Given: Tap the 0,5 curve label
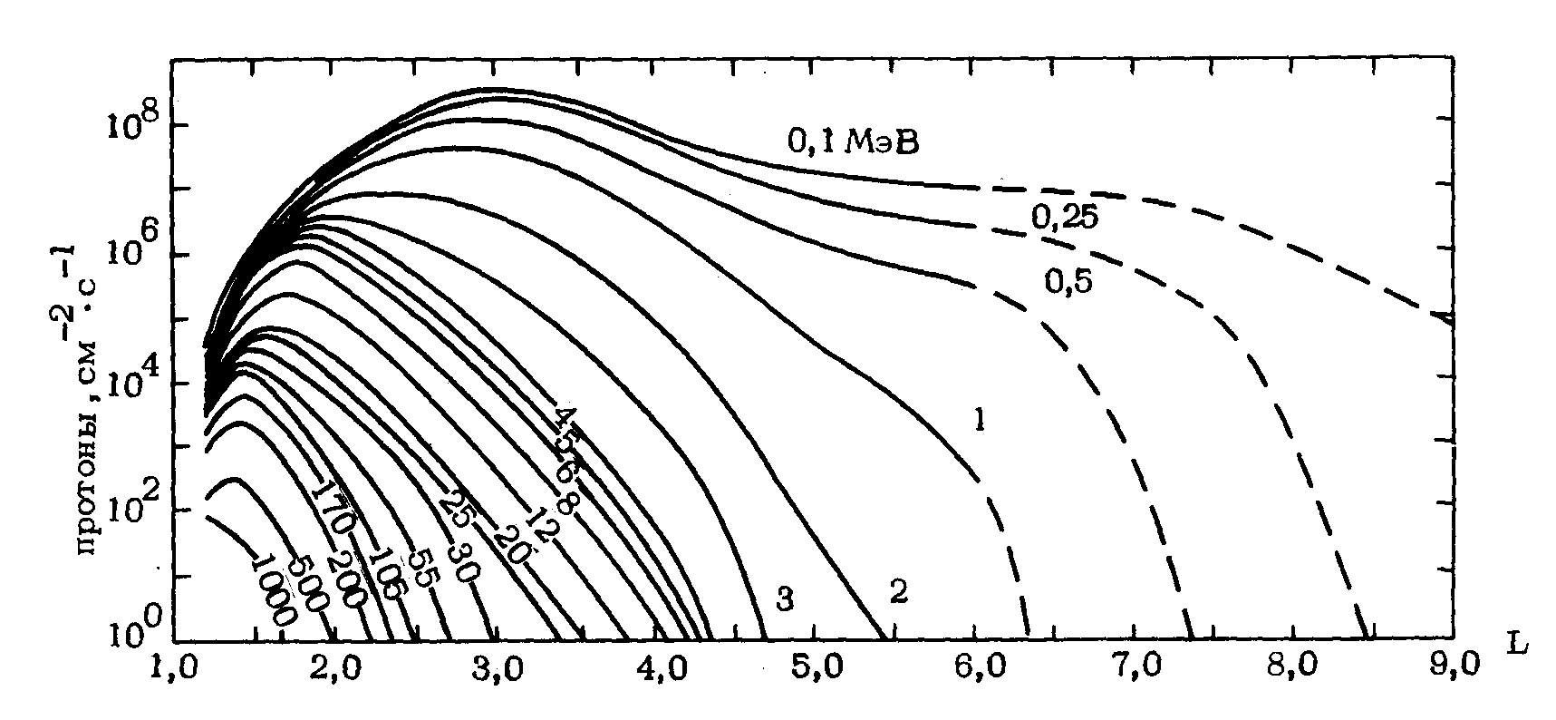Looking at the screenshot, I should coord(1069,282).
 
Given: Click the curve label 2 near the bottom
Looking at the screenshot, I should coord(898,593).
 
